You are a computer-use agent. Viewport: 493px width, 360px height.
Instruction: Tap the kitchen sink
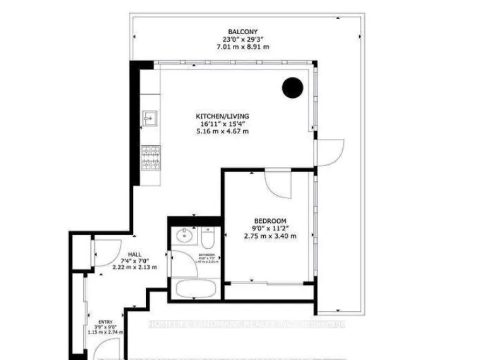(150, 117)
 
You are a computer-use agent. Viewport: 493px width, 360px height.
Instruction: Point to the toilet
(209, 238)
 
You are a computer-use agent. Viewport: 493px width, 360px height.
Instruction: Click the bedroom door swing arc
(278, 184)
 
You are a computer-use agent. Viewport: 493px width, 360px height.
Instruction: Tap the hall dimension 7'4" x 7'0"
(134, 261)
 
